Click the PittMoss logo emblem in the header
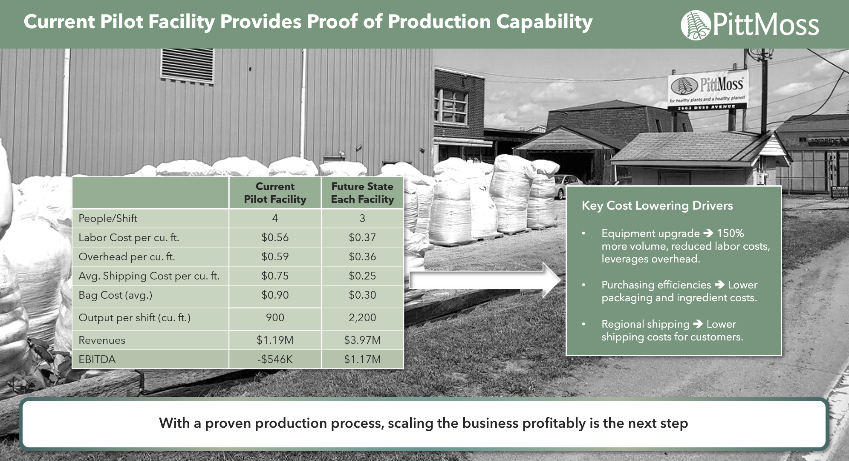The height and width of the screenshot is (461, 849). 696,24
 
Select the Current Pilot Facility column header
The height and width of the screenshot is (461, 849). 275,193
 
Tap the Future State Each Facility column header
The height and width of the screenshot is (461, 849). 362,193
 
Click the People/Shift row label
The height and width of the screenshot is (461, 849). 108,219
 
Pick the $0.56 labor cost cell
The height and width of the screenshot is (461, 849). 275,238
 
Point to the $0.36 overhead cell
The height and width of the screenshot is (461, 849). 362,257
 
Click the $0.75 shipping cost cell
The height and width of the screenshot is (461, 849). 275,276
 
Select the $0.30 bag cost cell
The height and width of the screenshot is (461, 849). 362,295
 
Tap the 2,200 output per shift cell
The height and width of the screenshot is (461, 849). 362,318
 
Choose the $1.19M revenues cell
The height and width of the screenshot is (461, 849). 275,340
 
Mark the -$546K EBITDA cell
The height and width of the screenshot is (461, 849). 275,360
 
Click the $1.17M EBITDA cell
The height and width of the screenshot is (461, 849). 362,360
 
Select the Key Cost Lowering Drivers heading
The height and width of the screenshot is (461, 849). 657,206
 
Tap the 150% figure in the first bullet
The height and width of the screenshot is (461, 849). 731,233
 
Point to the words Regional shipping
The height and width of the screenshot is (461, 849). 645,324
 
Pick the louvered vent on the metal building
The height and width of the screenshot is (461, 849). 187,66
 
